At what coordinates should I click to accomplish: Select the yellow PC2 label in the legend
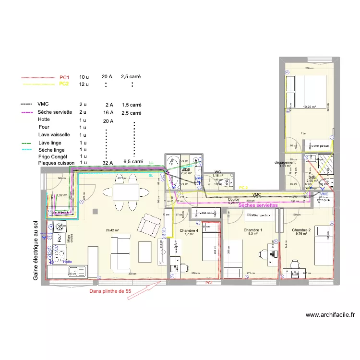pyautogui.click(x=64, y=84)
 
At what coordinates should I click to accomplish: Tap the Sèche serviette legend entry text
pyautogui.click(x=55, y=112)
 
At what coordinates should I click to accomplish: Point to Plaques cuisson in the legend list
pyautogui.click(x=56, y=163)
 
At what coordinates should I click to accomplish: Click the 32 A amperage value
pyautogui.click(x=108, y=163)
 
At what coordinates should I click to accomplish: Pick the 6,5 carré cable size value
pyautogui.click(x=133, y=162)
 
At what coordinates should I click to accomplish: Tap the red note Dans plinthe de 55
pyautogui.click(x=108, y=291)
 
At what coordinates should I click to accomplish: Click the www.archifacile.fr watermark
pyautogui.click(x=330, y=315)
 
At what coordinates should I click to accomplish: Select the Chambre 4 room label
pyautogui.click(x=189, y=231)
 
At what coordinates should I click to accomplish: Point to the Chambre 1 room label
pyautogui.click(x=253, y=230)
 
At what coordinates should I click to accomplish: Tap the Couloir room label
pyautogui.click(x=234, y=199)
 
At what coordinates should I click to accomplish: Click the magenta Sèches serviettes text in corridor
pyautogui.click(x=258, y=205)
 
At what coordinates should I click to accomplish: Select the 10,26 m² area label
pyautogui.click(x=310, y=107)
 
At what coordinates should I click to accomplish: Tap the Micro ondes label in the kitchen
pyautogui.click(x=70, y=238)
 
